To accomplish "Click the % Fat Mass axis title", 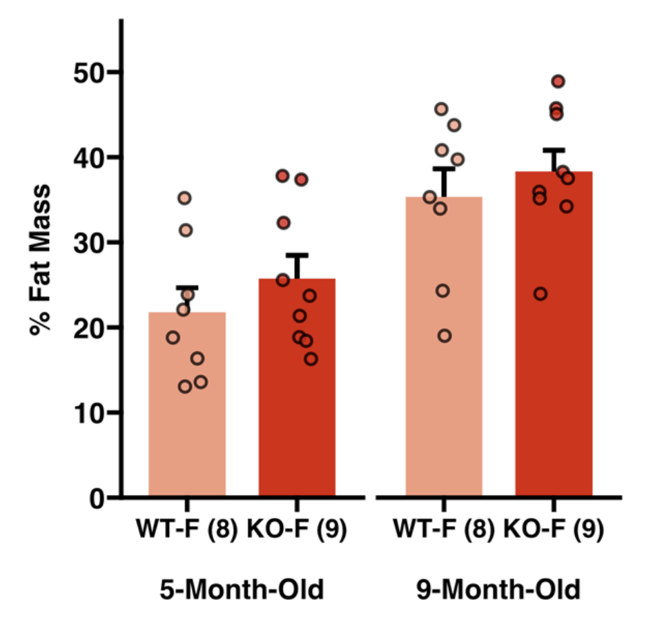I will tap(41, 259).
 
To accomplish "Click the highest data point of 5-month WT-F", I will tap(184, 198).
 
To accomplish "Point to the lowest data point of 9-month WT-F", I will tap(445, 336).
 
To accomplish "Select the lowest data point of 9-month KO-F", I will tap(540, 294).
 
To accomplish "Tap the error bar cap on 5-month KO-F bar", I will tap(297, 255).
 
